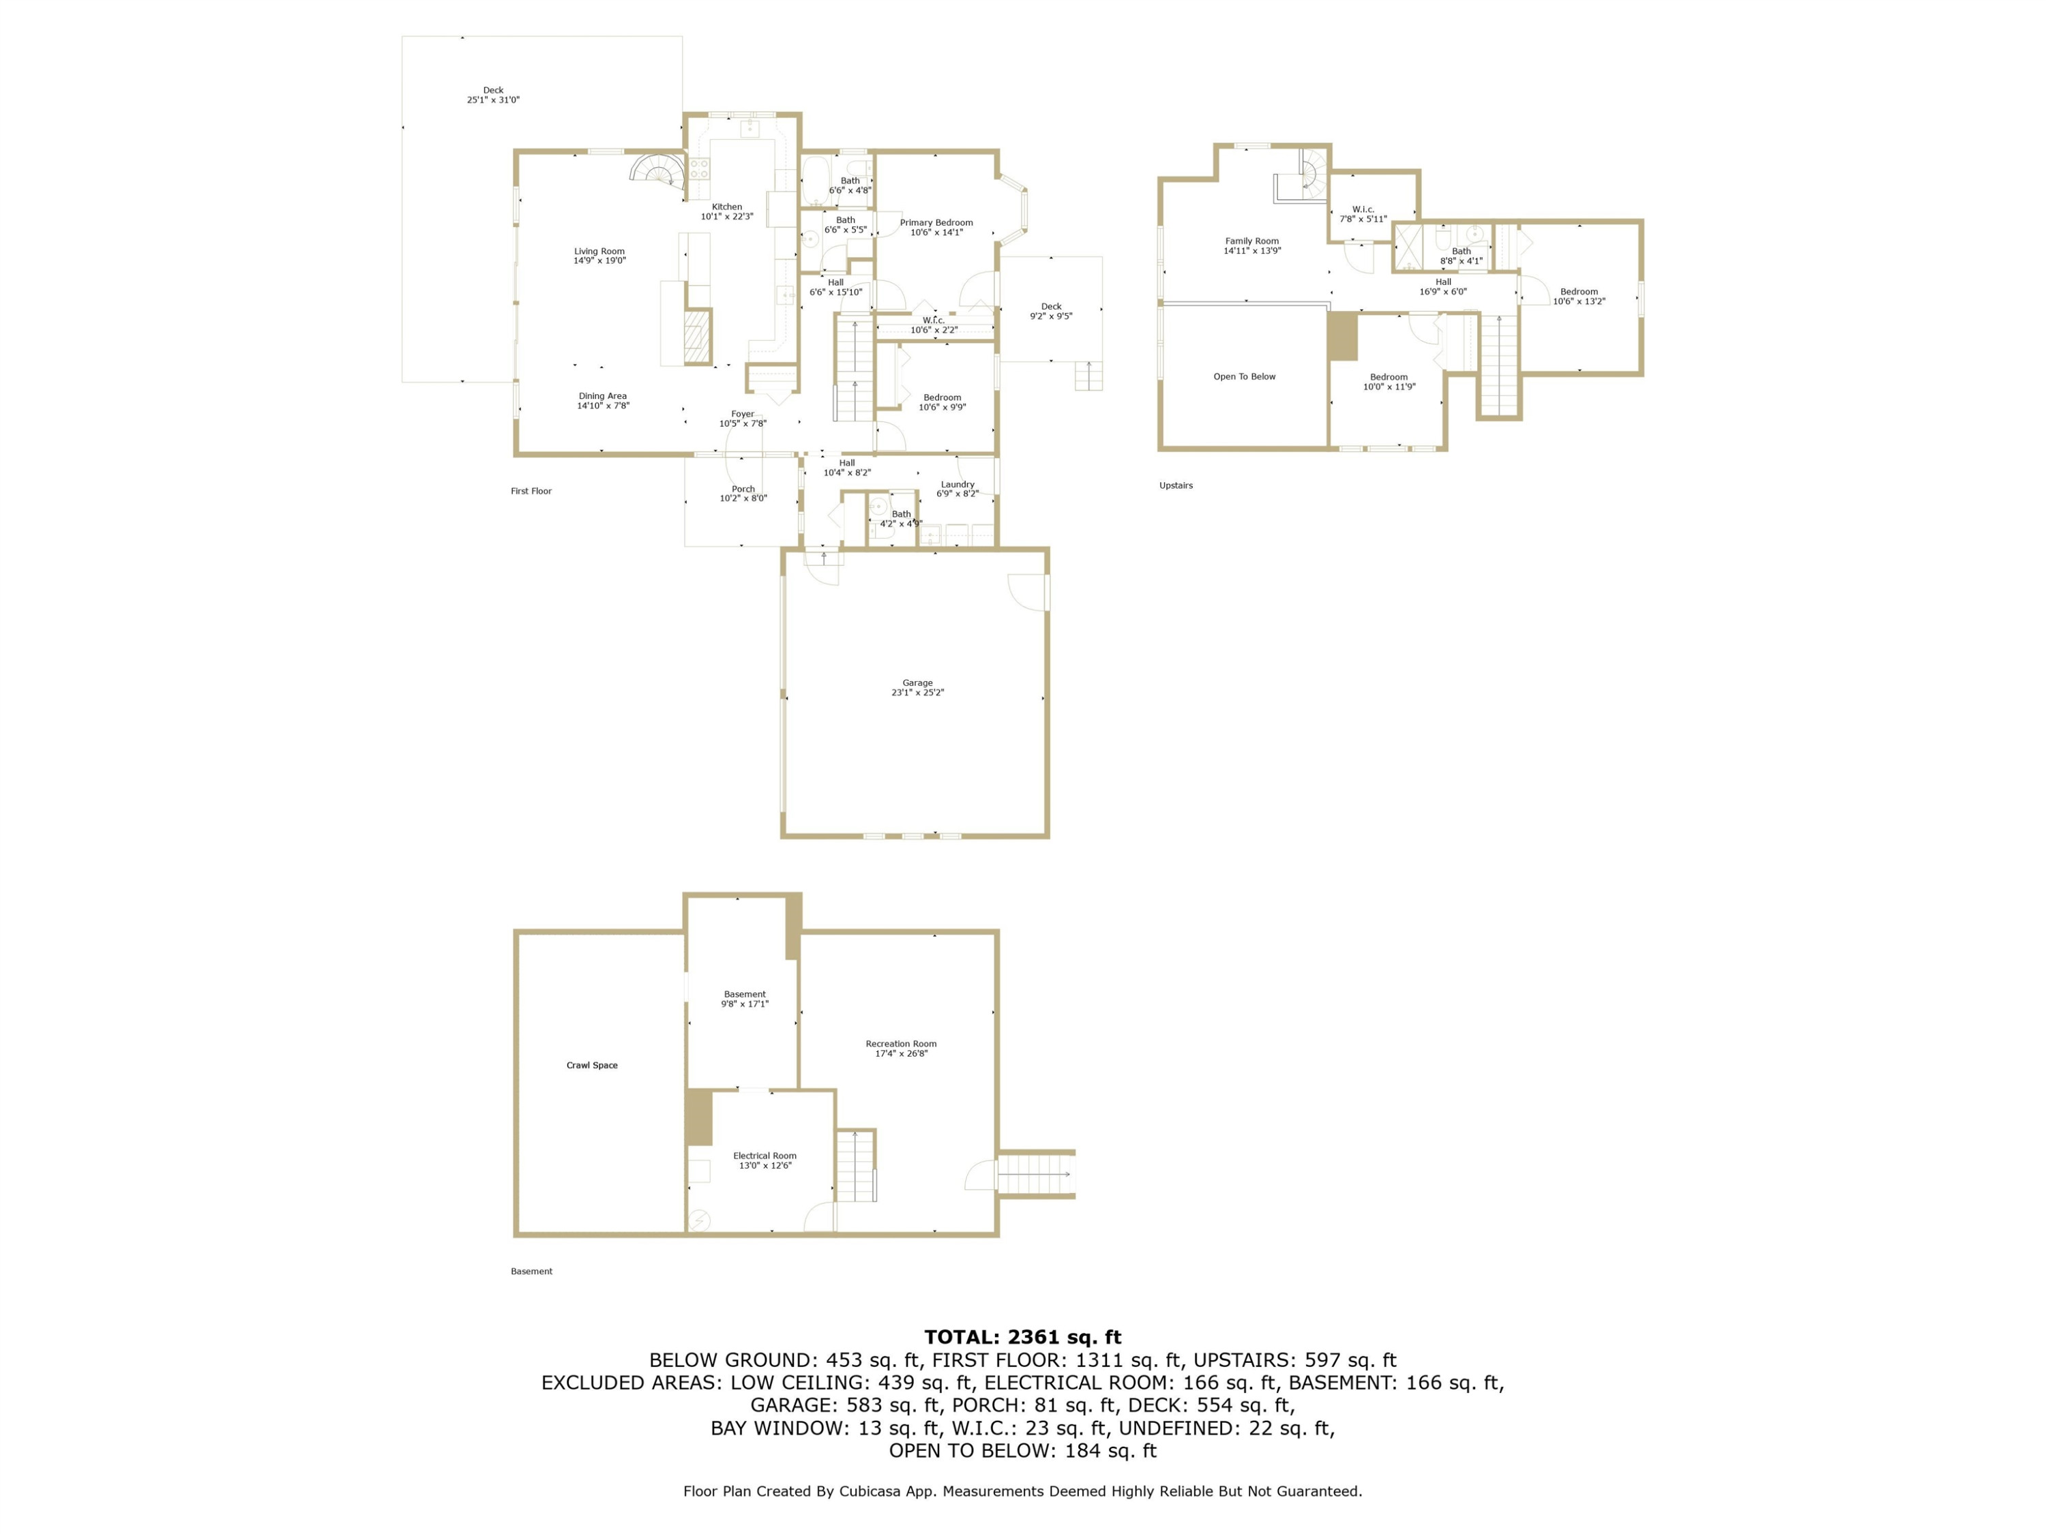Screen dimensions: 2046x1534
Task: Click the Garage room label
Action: click(x=917, y=683)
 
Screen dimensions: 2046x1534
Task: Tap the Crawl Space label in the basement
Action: click(x=592, y=1065)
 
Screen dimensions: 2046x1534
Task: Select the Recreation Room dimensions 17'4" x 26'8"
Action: click(x=901, y=1053)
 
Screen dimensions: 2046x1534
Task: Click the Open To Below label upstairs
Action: click(x=1244, y=376)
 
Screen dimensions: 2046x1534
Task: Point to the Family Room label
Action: click(x=1252, y=241)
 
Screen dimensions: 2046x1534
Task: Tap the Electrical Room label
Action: click(x=765, y=1156)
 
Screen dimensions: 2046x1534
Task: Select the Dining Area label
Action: click(x=603, y=395)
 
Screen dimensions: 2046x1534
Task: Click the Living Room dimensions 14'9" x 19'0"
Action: click(x=599, y=260)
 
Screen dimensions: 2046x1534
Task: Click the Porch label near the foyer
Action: click(x=743, y=489)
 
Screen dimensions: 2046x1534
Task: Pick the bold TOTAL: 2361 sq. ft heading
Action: click(x=1023, y=1337)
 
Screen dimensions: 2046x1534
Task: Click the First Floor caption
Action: click(x=531, y=491)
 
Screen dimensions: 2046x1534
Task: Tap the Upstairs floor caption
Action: click(x=1176, y=485)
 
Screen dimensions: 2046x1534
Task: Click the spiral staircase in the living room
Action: click(x=659, y=172)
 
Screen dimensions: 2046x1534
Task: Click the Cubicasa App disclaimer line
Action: click(x=1023, y=1490)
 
